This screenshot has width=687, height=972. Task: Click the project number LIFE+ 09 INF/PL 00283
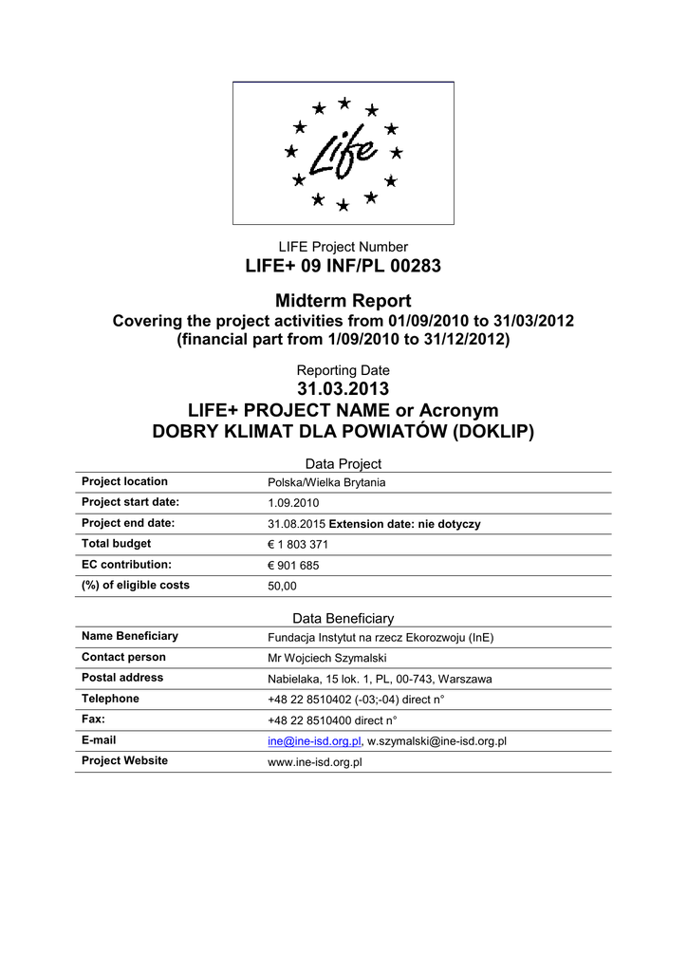click(343, 267)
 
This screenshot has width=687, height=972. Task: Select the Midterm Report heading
click(343, 301)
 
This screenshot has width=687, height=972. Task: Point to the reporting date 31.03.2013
click(343, 389)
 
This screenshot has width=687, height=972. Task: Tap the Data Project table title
click(343, 464)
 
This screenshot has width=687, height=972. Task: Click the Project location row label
click(124, 482)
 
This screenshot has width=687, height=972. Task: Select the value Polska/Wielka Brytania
click(326, 483)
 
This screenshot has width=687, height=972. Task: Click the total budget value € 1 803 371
click(299, 545)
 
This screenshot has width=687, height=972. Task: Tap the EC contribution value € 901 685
click(295, 566)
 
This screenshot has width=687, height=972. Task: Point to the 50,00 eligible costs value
click(283, 587)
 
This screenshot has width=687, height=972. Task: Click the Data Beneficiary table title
click(343, 619)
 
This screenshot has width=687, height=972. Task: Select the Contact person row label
click(123, 657)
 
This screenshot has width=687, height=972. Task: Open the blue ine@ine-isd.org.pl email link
click(314, 741)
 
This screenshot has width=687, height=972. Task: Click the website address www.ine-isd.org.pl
click(316, 762)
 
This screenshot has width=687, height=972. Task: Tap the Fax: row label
click(93, 720)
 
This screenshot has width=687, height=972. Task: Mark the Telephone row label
click(110, 699)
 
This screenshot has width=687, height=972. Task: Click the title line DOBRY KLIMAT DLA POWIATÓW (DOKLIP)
click(343, 433)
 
